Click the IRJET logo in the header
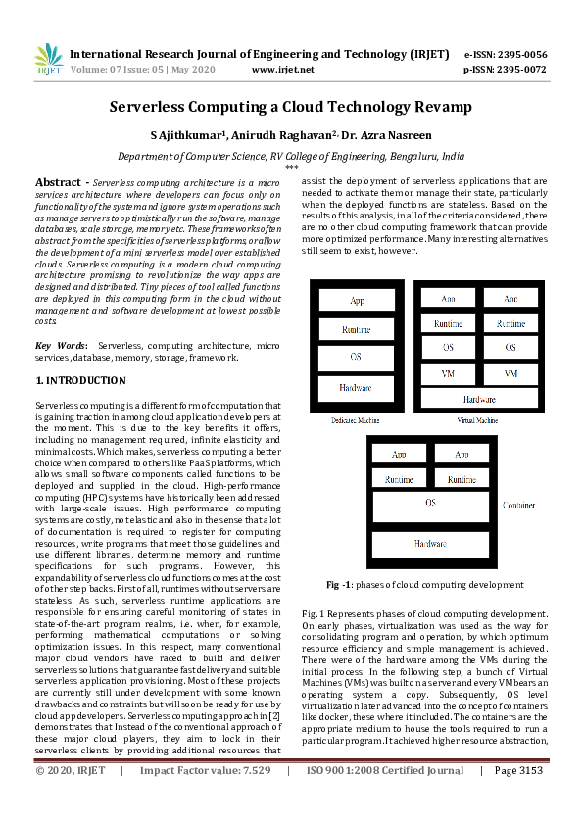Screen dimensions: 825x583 (x=48, y=60)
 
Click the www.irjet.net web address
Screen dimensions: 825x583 (x=282, y=70)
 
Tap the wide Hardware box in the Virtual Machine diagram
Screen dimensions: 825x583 (x=479, y=400)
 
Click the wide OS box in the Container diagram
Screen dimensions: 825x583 (x=429, y=503)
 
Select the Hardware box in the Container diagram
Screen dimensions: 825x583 (x=429, y=544)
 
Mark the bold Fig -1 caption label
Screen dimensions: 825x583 (x=339, y=584)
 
